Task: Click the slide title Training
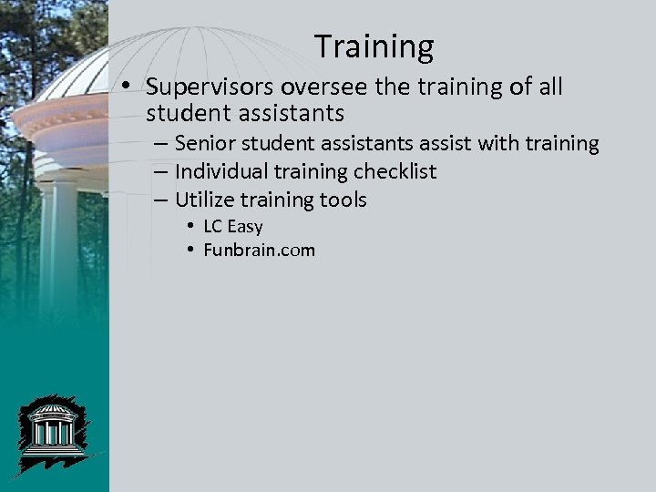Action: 374,46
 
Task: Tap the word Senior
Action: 202,144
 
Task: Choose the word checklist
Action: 394,172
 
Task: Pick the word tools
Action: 342,200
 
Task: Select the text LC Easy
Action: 232,227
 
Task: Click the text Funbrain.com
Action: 259,250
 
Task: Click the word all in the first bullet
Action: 550,87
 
